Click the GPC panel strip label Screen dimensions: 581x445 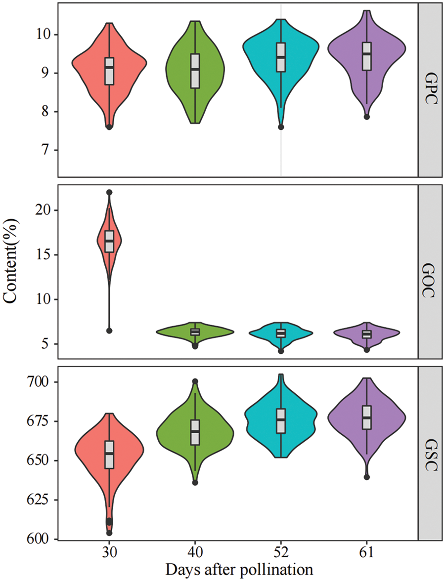(x=432, y=89)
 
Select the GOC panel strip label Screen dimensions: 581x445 (x=432, y=272)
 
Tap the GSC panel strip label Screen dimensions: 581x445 (x=432, y=453)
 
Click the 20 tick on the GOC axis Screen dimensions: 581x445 (x=44, y=210)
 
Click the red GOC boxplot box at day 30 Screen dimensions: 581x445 (x=109, y=241)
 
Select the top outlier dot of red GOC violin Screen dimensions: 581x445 (x=109, y=192)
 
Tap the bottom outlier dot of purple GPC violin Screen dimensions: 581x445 (x=366, y=117)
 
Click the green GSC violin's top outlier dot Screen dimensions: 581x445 (x=195, y=381)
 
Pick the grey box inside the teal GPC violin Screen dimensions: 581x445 (x=281, y=57)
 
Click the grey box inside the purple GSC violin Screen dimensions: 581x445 (x=366, y=417)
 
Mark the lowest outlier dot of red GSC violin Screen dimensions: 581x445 (x=109, y=533)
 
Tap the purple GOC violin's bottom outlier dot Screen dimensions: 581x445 (x=366, y=350)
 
